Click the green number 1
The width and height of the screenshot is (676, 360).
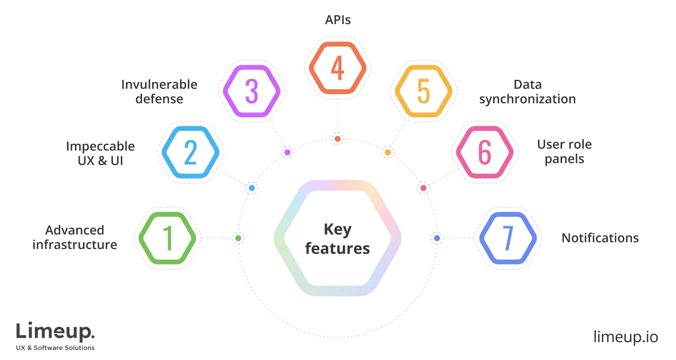coord(168,238)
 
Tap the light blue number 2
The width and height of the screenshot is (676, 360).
coord(190,152)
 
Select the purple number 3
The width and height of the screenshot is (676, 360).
coord(251,91)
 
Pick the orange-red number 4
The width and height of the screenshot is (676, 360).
coord(338,68)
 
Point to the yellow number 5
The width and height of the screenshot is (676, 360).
coord(423,91)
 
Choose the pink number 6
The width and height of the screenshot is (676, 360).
coord(484,152)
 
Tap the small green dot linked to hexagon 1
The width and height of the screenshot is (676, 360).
coord(238,238)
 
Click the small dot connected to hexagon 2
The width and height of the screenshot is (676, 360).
coord(252,188)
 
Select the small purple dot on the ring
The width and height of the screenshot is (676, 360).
coord(288,152)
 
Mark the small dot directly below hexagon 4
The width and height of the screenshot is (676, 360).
coord(338,139)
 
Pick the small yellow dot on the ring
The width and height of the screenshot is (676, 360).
coord(387,152)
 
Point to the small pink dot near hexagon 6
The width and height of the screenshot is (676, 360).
coord(423,188)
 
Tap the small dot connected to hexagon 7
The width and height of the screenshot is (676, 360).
coord(437,238)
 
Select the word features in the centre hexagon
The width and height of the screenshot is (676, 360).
coord(338,249)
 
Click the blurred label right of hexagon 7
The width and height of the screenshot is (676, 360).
coord(600,237)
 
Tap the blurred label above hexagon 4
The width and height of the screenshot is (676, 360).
coord(338,20)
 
